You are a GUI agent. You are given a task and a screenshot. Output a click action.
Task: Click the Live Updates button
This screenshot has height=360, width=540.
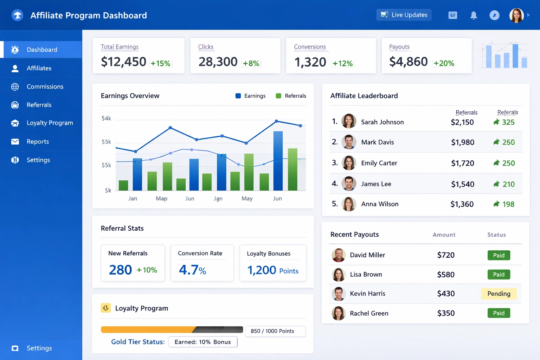[x=404, y=15]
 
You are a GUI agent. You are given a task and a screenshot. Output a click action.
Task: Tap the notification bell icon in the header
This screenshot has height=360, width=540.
[x=474, y=15]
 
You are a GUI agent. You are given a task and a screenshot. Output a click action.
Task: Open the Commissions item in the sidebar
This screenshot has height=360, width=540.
[x=45, y=86]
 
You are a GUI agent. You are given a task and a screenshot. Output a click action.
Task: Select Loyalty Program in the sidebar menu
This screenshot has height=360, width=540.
[x=50, y=123]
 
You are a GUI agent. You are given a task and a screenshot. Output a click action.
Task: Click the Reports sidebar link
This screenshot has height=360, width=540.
[x=38, y=141]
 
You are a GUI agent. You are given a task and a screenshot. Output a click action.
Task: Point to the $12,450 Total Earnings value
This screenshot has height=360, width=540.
[x=123, y=62]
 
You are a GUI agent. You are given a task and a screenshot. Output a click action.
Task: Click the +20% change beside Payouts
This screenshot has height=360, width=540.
[x=444, y=63]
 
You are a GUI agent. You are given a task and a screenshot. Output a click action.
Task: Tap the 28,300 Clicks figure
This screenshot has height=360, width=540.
[x=218, y=62]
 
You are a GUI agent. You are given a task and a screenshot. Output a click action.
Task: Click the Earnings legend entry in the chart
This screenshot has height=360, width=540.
[x=250, y=96]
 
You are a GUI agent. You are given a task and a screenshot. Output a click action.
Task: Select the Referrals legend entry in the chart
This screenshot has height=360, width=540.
[x=291, y=96]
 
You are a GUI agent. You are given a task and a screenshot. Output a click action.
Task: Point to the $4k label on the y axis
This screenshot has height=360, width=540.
[x=106, y=118]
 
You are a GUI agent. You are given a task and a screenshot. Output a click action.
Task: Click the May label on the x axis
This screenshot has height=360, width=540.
[x=247, y=199]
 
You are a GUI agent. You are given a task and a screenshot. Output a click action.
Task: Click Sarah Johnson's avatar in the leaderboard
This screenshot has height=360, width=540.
[x=349, y=121]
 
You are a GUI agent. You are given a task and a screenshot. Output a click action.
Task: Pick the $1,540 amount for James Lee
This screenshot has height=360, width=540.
[x=463, y=184]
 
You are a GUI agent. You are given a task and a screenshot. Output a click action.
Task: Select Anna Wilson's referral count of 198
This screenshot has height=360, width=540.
[x=508, y=204]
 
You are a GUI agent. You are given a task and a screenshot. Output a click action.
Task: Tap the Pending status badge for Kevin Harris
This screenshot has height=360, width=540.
[x=499, y=294]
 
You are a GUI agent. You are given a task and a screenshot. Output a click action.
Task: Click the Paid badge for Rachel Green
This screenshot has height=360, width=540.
[x=499, y=313]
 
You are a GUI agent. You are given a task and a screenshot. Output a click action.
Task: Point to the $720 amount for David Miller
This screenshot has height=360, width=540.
[x=446, y=255]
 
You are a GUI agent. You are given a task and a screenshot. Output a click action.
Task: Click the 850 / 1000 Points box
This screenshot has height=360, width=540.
[x=275, y=331]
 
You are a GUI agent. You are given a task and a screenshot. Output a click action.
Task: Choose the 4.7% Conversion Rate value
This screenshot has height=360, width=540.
[x=192, y=270]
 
